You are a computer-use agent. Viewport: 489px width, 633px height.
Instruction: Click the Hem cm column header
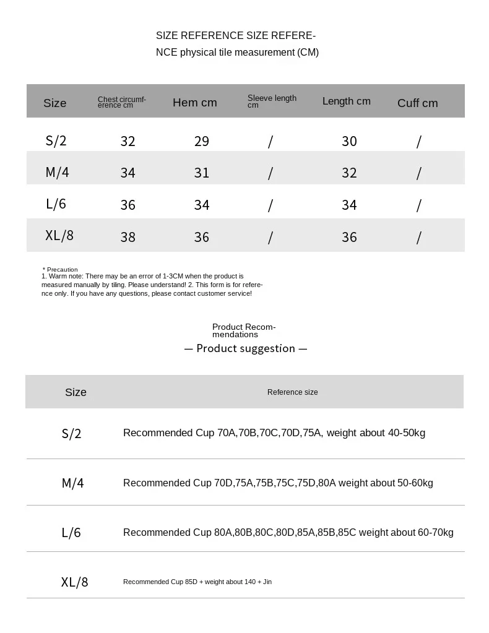[194, 103]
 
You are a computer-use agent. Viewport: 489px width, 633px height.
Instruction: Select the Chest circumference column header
[122, 102]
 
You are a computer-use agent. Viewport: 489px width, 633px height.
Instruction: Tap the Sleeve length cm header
[272, 101]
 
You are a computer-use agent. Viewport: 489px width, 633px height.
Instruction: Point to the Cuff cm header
[417, 103]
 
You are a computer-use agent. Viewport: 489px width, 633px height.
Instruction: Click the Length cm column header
[346, 101]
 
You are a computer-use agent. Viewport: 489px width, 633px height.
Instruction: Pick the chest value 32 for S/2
[128, 141]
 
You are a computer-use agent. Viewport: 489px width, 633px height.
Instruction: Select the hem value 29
[202, 141]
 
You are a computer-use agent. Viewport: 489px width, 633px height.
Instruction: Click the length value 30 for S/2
[349, 141]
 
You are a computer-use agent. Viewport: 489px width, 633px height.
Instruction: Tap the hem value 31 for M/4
[202, 173]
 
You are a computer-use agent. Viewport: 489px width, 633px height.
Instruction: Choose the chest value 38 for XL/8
[128, 237]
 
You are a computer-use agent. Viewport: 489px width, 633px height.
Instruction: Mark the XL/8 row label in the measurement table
[59, 235]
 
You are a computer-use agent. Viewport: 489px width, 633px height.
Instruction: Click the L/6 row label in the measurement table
[56, 204]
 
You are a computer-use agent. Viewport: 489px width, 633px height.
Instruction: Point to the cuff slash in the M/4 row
[418, 173]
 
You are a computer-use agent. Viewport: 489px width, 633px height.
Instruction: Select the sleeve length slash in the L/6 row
[270, 205]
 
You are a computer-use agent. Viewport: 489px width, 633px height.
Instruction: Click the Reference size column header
[292, 392]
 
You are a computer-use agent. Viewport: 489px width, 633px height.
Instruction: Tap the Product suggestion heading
[246, 348]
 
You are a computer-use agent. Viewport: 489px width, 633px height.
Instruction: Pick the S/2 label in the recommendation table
[71, 433]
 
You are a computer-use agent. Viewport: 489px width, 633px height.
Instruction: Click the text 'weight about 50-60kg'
[386, 483]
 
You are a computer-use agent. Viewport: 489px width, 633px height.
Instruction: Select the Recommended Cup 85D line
[197, 582]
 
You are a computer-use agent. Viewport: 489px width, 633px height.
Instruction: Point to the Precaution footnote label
[61, 270]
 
